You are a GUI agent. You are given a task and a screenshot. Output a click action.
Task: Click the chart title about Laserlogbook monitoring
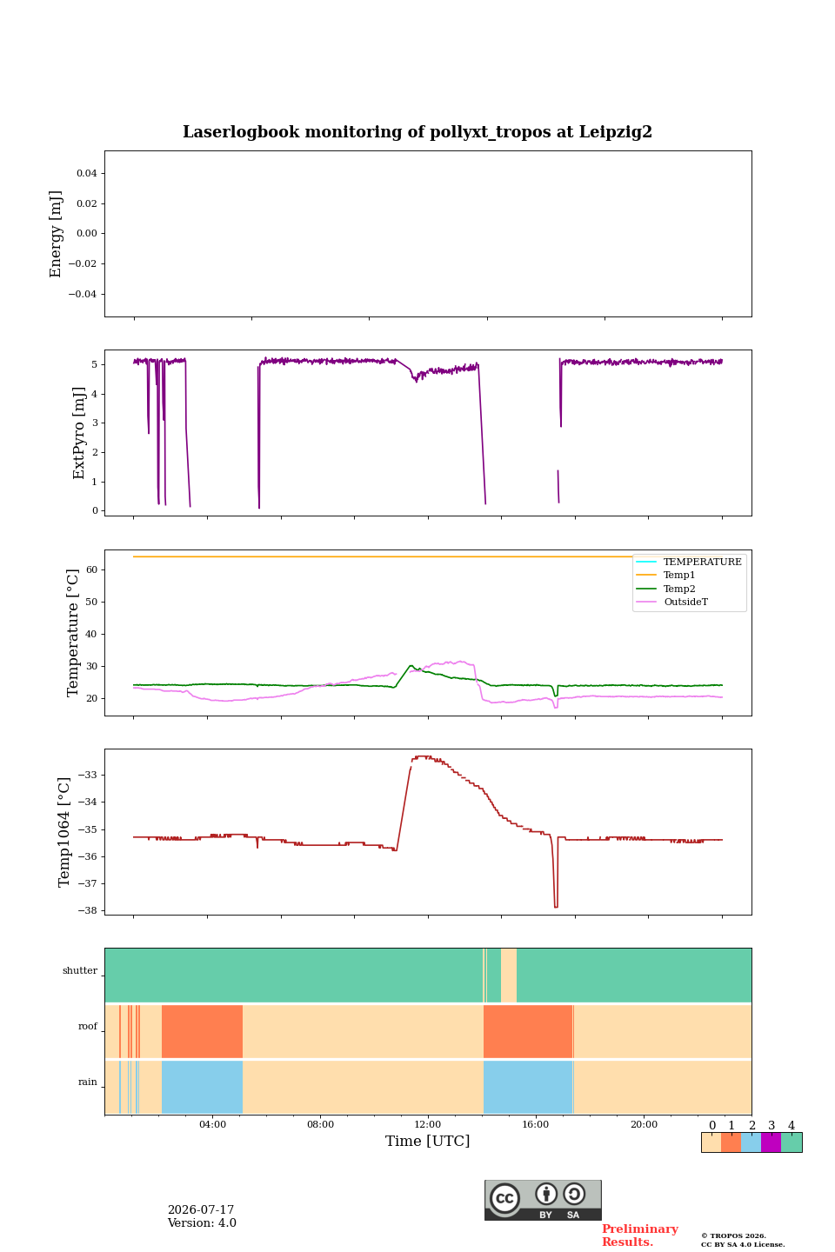click(417, 132)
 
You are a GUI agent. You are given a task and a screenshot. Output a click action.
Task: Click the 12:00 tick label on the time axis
click(428, 1124)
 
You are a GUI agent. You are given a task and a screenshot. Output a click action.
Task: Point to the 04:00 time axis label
click(212, 1124)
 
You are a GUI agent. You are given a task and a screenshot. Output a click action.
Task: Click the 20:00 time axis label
click(644, 1124)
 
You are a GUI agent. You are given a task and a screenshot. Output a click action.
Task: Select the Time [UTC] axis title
click(427, 1141)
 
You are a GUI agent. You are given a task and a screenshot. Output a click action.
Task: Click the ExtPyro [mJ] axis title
click(79, 433)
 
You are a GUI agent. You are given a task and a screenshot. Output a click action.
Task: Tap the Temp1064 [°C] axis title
click(64, 832)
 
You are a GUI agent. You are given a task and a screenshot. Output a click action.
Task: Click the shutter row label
click(80, 971)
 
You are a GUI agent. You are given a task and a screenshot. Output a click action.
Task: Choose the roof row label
click(88, 1026)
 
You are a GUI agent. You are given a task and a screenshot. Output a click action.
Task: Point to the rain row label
click(88, 1082)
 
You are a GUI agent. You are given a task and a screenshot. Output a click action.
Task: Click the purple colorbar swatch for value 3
click(771, 1142)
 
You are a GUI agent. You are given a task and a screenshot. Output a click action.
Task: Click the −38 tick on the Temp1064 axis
click(87, 910)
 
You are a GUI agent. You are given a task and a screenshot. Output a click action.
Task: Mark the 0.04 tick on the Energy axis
click(87, 173)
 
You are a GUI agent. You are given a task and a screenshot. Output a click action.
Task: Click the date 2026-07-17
click(201, 1210)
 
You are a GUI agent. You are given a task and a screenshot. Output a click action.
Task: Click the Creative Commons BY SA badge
click(543, 1200)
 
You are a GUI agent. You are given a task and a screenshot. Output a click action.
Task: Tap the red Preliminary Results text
click(640, 1235)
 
